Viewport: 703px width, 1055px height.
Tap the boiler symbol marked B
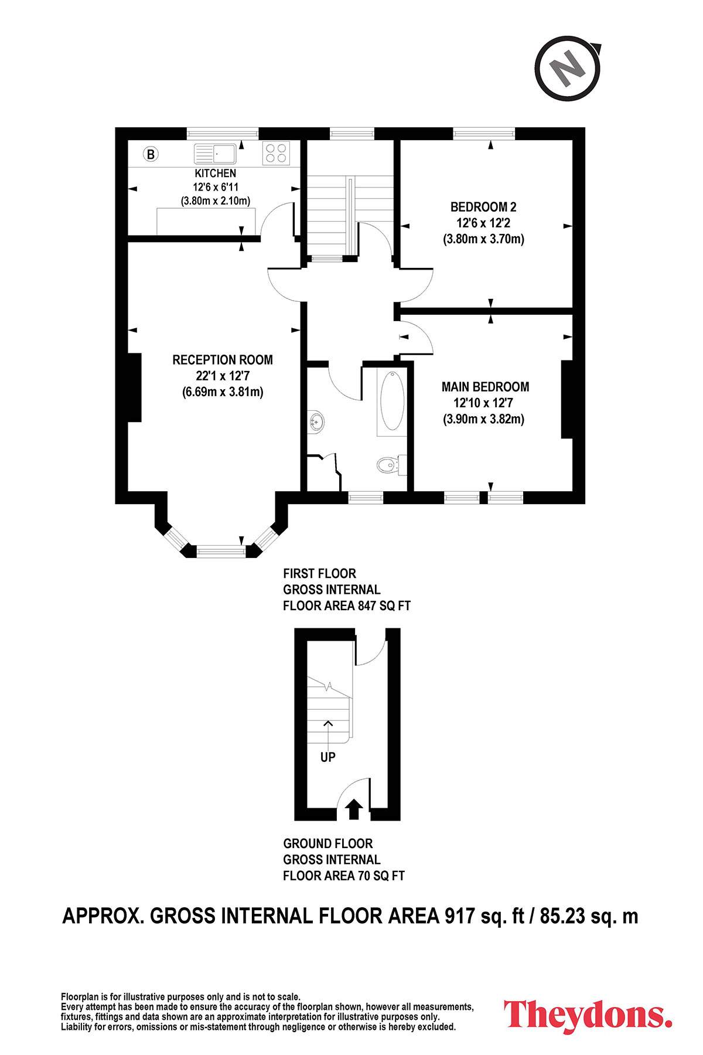151,155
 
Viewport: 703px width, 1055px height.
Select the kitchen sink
215,154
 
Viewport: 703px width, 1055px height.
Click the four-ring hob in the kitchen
277,154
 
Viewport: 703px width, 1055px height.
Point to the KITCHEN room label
216,173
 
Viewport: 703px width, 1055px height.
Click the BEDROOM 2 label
483,207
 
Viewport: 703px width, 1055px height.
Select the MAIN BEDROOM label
485,387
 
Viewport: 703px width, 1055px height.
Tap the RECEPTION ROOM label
223,360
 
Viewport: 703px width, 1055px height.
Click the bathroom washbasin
316,421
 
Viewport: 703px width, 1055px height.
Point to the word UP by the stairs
328,757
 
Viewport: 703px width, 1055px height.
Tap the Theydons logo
588,1015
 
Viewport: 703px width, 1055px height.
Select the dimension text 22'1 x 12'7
223,376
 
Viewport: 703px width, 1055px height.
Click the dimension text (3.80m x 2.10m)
216,201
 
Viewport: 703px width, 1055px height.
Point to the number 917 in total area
459,916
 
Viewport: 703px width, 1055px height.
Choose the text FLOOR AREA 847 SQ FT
347,606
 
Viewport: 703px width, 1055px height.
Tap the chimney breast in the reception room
134,387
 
